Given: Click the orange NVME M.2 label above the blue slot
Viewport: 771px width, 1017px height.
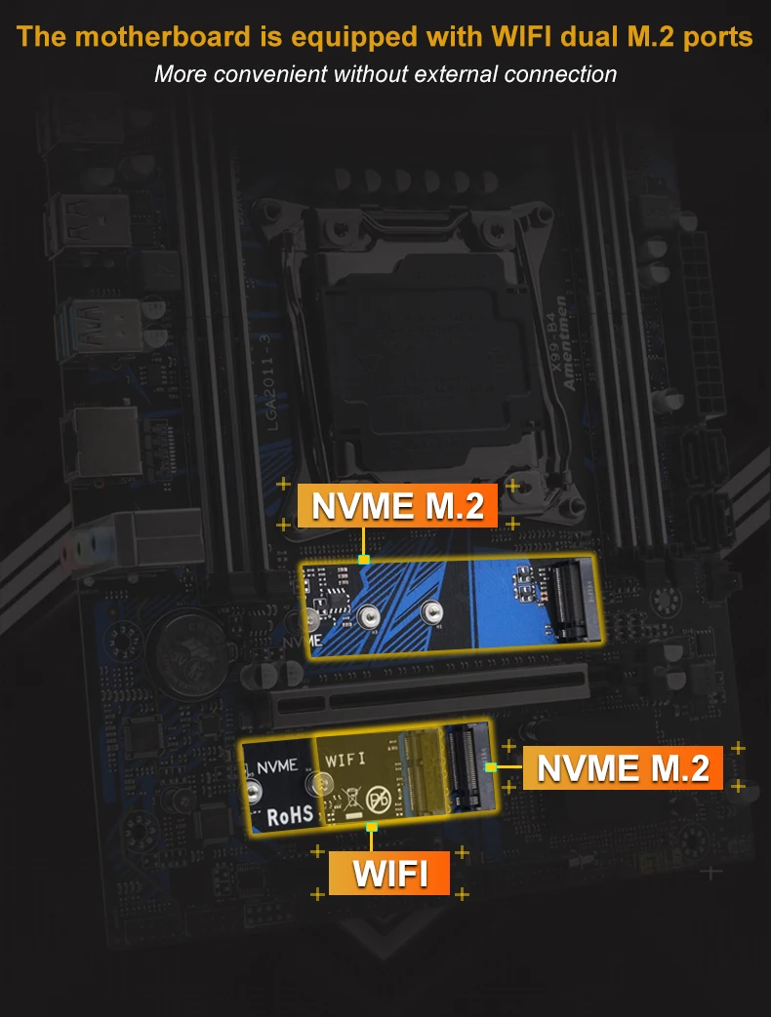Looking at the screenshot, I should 397,506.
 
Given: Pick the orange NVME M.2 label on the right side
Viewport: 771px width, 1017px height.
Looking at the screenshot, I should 623,767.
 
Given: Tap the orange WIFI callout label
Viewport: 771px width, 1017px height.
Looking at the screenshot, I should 389,873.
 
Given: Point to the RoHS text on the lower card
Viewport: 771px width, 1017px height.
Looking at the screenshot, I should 290,813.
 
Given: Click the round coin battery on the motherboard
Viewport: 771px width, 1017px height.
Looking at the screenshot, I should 183,645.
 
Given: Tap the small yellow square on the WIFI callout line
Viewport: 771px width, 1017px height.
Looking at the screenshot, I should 372,828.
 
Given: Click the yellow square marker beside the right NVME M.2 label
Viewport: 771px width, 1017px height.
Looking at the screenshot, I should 491,767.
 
